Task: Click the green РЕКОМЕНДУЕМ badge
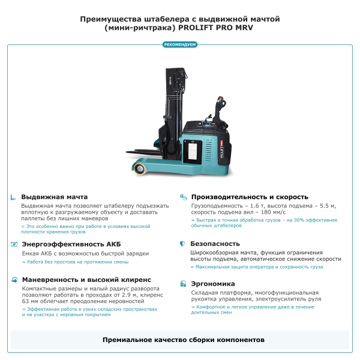(180, 44)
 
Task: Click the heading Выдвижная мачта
(54, 197)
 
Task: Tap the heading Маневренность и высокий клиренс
(86, 280)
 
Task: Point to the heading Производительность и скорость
(250, 197)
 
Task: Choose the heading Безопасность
(215, 244)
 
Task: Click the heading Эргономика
(212, 284)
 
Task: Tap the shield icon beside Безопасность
(182, 244)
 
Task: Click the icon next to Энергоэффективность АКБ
(14, 244)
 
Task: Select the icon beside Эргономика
(182, 284)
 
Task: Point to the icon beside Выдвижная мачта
(14, 197)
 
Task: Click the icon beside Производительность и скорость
(182, 197)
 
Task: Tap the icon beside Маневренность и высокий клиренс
(14, 280)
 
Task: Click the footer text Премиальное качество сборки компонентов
(180, 340)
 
